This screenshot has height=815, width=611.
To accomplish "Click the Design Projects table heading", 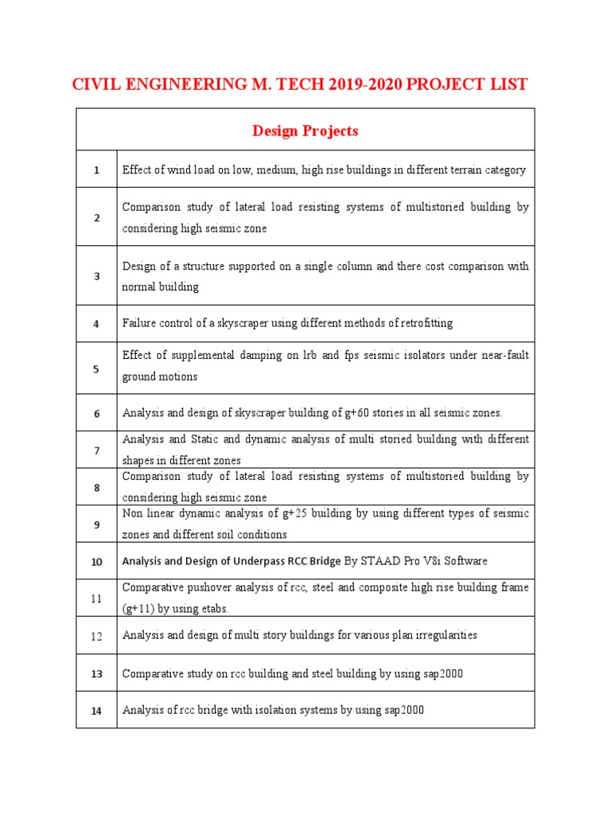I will (305, 131).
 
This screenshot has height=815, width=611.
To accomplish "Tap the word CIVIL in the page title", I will (95, 84).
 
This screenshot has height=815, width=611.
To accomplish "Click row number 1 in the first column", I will (96, 170).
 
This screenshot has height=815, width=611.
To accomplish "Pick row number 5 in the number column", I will (96, 369).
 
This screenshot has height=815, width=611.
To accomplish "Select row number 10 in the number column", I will (96, 561).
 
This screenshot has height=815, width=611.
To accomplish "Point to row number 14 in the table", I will (96, 711).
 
